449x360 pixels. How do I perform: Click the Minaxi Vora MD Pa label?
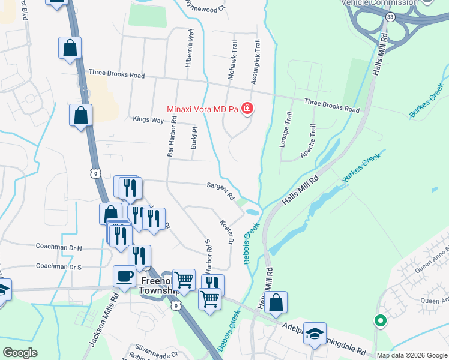tap(202, 109)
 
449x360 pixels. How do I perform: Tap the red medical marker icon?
tap(247, 109)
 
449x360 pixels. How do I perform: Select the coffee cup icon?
tap(125, 277)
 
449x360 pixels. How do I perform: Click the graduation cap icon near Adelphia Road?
tap(315, 334)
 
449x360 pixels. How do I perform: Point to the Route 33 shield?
tap(390, 17)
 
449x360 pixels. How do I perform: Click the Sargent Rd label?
tap(220, 190)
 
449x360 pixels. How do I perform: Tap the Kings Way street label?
tap(148, 120)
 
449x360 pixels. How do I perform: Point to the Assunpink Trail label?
tap(256, 61)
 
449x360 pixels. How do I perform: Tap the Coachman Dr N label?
tap(59, 247)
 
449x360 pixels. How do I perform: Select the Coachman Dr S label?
tap(58, 266)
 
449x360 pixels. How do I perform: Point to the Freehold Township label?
tap(159, 286)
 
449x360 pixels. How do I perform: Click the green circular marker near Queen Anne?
tap(379, 321)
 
